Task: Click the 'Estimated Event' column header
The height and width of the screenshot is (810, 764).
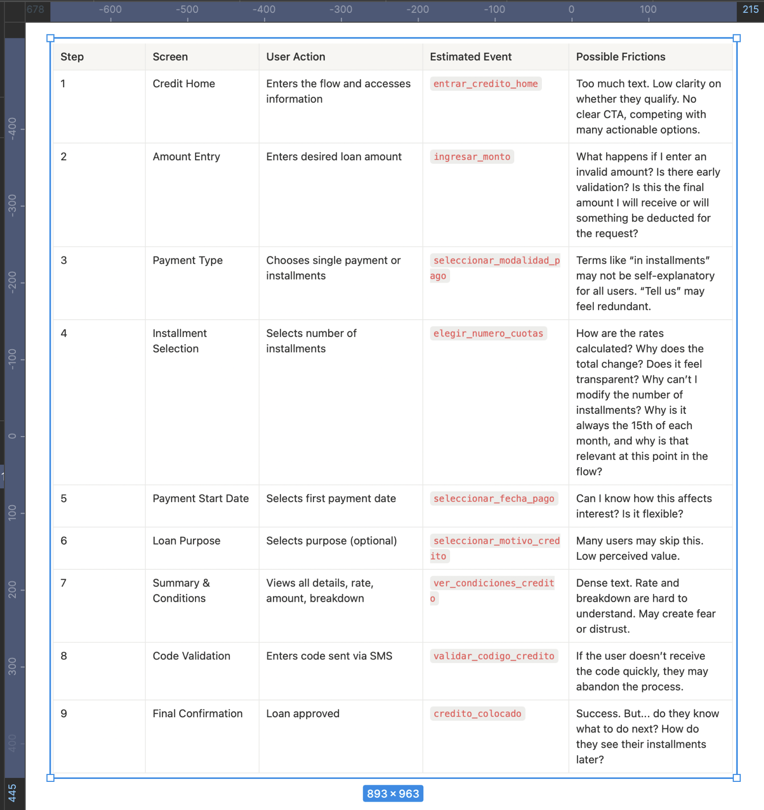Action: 470,57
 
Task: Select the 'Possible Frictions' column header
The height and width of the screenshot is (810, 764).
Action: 620,57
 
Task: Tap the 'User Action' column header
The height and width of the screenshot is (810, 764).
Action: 296,57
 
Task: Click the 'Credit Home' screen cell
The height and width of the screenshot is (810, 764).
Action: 184,84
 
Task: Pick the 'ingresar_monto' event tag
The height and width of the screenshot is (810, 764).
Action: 472,157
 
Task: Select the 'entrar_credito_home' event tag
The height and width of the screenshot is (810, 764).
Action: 486,84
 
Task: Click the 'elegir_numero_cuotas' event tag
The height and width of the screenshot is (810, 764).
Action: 488,333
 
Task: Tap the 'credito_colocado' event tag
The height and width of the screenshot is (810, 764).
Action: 477,714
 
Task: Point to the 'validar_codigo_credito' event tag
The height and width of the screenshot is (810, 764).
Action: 494,656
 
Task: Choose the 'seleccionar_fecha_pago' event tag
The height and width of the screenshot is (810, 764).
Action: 494,499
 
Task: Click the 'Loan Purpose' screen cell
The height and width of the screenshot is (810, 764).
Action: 186,541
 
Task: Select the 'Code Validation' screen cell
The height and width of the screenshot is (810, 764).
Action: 191,656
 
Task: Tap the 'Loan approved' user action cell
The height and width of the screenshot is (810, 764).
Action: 303,714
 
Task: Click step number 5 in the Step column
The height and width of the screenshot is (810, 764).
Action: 64,499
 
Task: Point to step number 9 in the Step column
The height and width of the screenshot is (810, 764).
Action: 64,714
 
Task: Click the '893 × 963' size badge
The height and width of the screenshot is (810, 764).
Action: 393,794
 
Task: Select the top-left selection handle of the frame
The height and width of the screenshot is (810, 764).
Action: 50,38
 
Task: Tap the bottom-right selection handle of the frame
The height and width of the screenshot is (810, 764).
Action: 737,778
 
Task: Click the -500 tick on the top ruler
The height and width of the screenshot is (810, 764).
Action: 187,9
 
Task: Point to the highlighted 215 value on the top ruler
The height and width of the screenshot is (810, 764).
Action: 750,9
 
